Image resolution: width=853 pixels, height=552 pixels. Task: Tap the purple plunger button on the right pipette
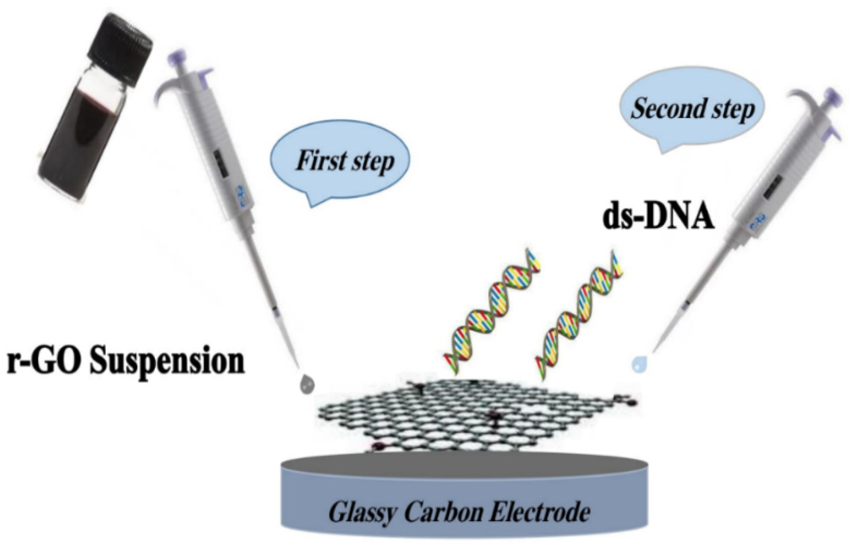(833, 96)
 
